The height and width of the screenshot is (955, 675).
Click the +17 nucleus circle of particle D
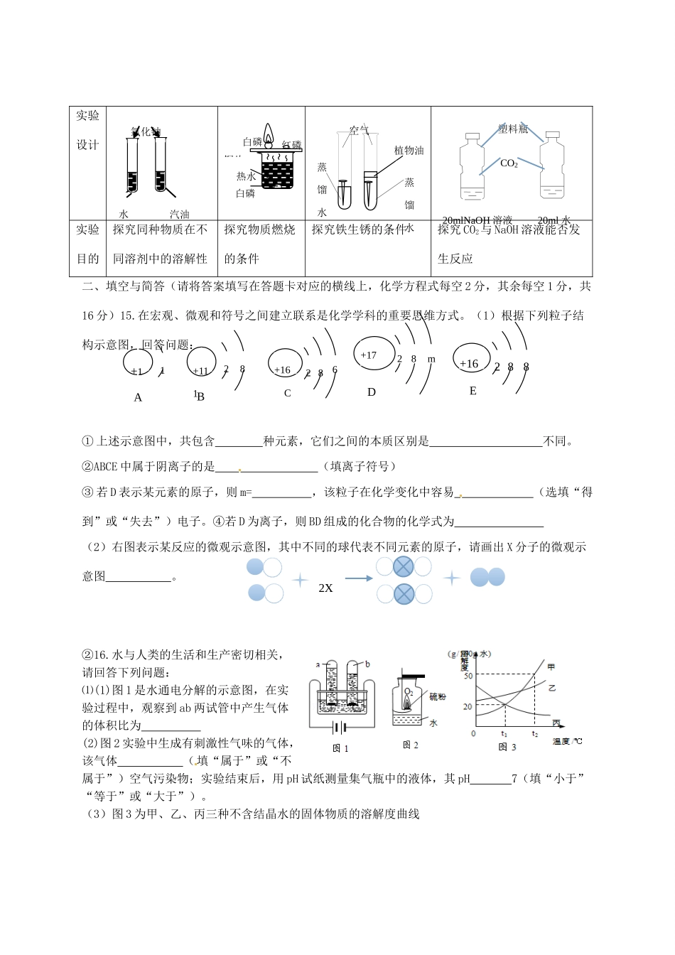(x=374, y=353)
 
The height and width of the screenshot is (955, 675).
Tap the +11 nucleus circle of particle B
(x=201, y=369)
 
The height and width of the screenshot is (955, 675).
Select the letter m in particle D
(x=431, y=360)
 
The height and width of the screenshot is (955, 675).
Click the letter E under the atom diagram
(x=473, y=392)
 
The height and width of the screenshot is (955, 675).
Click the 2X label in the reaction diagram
(x=325, y=588)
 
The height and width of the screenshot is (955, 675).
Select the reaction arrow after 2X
(x=359, y=578)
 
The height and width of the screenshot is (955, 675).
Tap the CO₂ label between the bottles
(x=509, y=163)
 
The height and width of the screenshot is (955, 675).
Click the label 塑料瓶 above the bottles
(x=513, y=129)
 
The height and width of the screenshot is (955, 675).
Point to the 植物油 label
(x=409, y=151)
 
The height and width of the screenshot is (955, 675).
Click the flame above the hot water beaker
(x=269, y=134)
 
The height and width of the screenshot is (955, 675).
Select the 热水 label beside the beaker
(x=246, y=176)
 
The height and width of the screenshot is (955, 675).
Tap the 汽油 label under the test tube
(x=179, y=214)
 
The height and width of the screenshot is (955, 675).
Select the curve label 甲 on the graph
(x=551, y=667)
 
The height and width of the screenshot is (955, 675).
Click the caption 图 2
(x=410, y=745)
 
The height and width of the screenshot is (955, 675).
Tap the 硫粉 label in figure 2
(x=438, y=697)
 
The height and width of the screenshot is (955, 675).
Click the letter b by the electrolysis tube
(x=367, y=664)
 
